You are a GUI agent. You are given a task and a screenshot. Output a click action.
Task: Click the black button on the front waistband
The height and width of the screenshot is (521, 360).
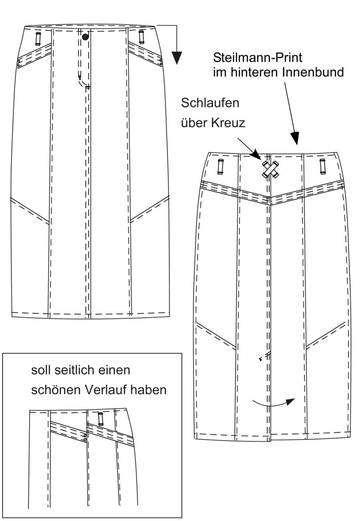click(x=85, y=37)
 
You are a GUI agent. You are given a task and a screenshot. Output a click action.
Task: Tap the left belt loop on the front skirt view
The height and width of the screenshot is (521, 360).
click(x=38, y=39)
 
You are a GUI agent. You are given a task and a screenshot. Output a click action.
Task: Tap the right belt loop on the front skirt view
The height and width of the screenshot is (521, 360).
click(x=141, y=37)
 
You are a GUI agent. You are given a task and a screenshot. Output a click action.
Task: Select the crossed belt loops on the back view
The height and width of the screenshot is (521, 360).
click(x=270, y=169)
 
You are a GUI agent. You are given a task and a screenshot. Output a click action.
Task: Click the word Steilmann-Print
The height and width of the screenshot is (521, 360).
click(x=257, y=58)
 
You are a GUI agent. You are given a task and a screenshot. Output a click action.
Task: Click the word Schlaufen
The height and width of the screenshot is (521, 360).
click(x=210, y=103)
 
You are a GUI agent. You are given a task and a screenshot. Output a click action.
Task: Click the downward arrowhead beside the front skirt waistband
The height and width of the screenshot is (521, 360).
click(x=177, y=58)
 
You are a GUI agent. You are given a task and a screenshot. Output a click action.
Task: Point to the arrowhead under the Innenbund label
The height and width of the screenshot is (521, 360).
click(x=296, y=138)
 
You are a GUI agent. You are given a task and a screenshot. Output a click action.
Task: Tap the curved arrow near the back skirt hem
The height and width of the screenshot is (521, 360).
click(x=274, y=404)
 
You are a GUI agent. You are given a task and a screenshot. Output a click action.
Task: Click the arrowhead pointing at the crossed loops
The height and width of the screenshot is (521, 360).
click(x=256, y=154)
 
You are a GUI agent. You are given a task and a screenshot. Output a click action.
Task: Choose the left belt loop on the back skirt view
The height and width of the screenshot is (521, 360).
click(x=220, y=167)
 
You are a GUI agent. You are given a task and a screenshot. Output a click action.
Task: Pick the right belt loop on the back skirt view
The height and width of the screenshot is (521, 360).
click(x=322, y=167)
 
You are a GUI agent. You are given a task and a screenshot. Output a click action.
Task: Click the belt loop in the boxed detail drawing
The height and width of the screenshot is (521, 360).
click(x=101, y=419)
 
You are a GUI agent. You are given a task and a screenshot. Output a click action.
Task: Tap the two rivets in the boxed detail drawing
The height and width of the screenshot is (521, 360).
click(x=85, y=437)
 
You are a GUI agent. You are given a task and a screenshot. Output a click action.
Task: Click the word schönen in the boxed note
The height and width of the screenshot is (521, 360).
click(x=56, y=390)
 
